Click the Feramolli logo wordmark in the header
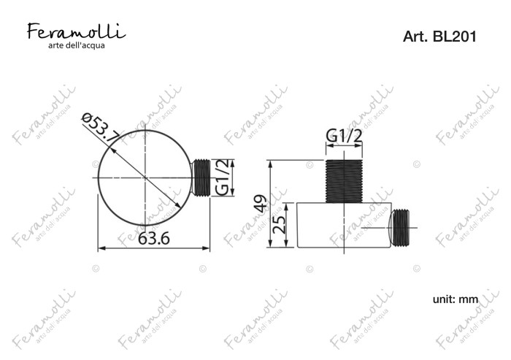(x=76, y=31)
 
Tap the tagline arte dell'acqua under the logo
(x=77, y=45)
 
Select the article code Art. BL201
(x=439, y=37)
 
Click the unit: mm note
(x=456, y=299)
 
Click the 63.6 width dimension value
(x=154, y=238)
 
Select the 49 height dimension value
(x=261, y=204)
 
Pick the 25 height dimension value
(x=280, y=224)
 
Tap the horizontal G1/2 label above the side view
(x=344, y=136)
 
